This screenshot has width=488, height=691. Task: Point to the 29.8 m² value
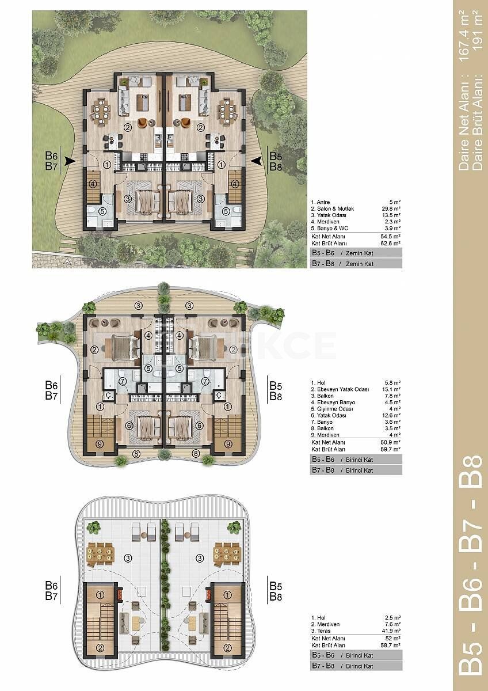(x=391, y=208)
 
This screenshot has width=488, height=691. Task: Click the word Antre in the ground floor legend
(x=323, y=202)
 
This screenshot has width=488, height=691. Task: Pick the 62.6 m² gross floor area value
(x=391, y=243)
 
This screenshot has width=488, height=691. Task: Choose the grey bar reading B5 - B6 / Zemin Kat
(x=356, y=253)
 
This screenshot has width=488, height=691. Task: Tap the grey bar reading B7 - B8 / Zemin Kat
(x=356, y=264)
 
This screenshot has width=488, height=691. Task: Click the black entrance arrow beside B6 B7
(x=70, y=161)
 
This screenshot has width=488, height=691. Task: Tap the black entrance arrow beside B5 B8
(x=257, y=160)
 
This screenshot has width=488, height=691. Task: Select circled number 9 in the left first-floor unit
(x=100, y=444)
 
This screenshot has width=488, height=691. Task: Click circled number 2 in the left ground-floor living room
(x=127, y=127)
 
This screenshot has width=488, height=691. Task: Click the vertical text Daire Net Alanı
(x=464, y=127)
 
